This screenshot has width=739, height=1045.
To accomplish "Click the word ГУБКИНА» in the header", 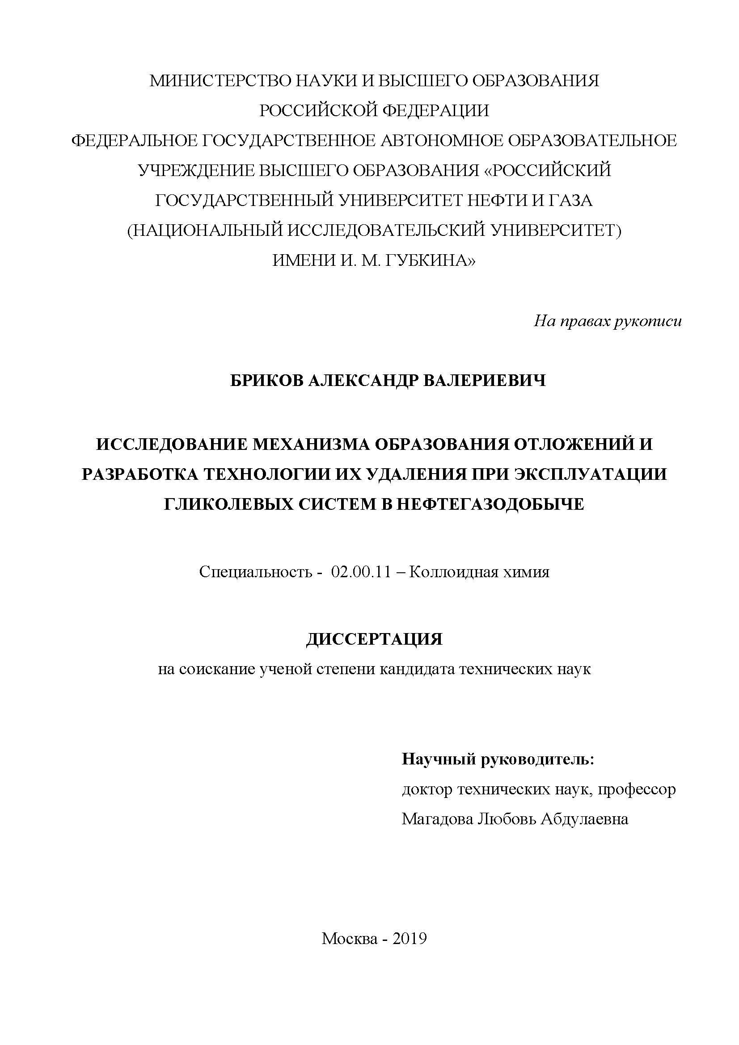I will coord(430,260).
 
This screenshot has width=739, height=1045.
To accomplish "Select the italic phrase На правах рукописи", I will coord(608,322).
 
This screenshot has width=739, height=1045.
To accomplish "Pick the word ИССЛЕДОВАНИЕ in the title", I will coord(171,445).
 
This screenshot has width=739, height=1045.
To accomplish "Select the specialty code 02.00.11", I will coord(361,572).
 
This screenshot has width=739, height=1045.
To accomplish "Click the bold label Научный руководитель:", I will coord(498,759).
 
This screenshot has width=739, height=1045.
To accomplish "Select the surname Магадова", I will coord(437,819).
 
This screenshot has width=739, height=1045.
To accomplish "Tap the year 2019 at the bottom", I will coord(410,938).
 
